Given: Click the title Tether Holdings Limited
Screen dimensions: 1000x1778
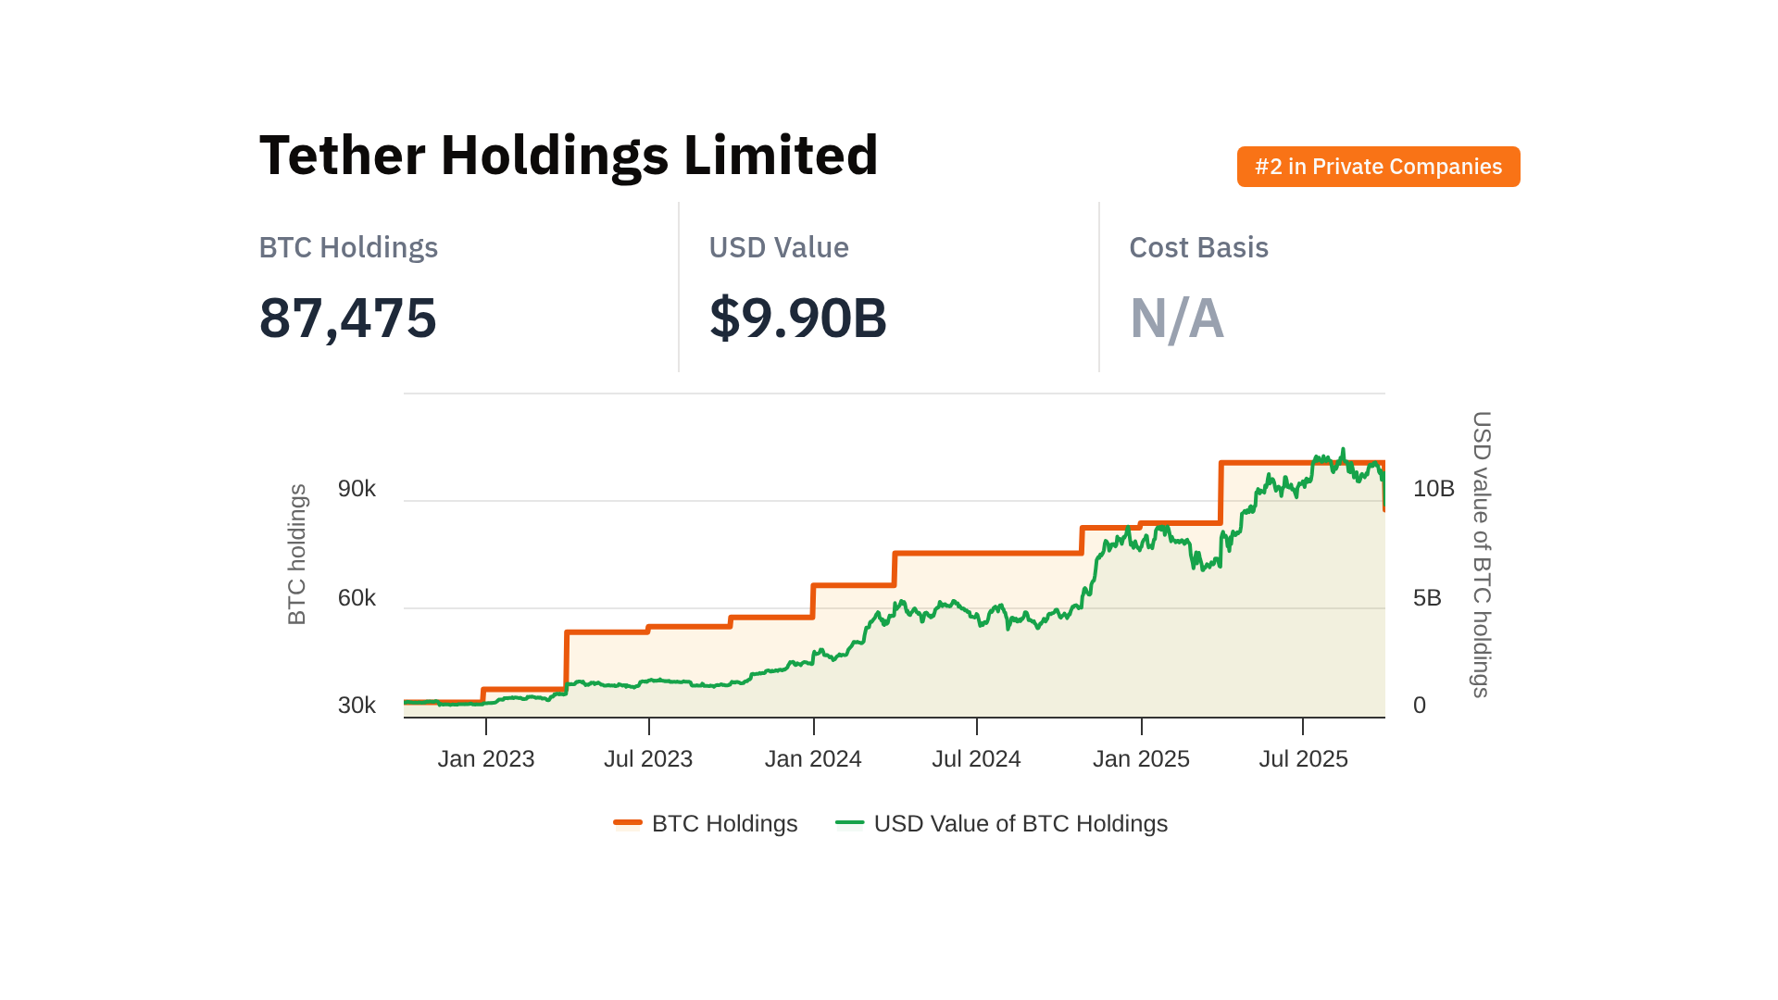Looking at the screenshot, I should pyautogui.click(x=569, y=155).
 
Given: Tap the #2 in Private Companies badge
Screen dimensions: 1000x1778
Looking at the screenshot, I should pyautogui.click(x=1378, y=167).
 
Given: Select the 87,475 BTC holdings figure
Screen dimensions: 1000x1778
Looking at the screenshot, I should pyautogui.click(x=347, y=318).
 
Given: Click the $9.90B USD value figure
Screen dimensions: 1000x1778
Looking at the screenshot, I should pyautogui.click(x=797, y=318).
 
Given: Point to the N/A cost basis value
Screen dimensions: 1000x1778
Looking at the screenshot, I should pyautogui.click(x=1176, y=319).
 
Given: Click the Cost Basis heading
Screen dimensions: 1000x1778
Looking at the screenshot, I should pyautogui.click(x=1198, y=247).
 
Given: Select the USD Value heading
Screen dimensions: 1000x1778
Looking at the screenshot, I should pyautogui.click(x=778, y=247).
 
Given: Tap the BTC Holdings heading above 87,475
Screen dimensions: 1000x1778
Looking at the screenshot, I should pyautogui.click(x=348, y=247).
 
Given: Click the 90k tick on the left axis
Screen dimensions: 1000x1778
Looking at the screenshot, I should pyautogui.click(x=357, y=489).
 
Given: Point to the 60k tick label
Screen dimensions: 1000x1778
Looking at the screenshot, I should pyautogui.click(x=357, y=598).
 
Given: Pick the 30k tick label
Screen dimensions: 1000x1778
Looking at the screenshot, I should pyautogui.click(x=357, y=706).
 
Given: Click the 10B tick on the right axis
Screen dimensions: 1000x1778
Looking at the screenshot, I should pyautogui.click(x=1434, y=489).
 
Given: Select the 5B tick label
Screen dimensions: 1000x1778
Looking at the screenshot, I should pyautogui.click(x=1427, y=598).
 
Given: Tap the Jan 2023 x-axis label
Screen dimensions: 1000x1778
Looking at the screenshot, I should pyautogui.click(x=486, y=759).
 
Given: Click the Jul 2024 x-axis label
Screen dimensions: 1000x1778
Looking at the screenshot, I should pyautogui.click(x=976, y=759).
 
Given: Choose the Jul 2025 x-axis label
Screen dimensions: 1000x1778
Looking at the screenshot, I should pyautogui.click(x=1303, y=759).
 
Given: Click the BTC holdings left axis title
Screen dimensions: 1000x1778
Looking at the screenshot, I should pyautogui.click(x=296, y=555).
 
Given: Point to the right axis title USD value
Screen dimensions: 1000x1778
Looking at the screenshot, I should pyautogui.click(x=1482, y=555).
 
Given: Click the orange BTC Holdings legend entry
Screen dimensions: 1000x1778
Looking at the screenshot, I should pyautogui.click(x=706, y=823).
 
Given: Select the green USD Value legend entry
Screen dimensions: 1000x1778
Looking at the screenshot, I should pyautogui.click(x=1002, y=823).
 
